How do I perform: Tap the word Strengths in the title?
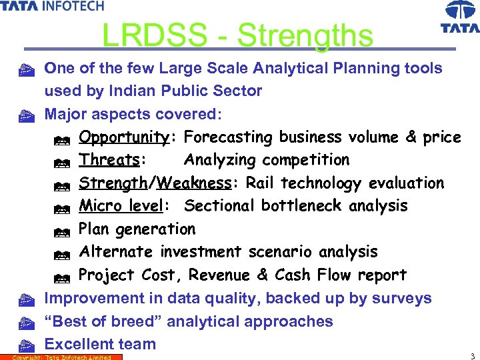305,35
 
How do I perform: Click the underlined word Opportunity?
123,137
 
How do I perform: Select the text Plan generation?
137,229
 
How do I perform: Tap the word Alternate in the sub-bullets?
117,252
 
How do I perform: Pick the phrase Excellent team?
100,344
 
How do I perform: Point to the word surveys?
400,298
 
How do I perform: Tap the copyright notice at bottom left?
61,357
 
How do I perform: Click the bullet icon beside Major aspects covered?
26,115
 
